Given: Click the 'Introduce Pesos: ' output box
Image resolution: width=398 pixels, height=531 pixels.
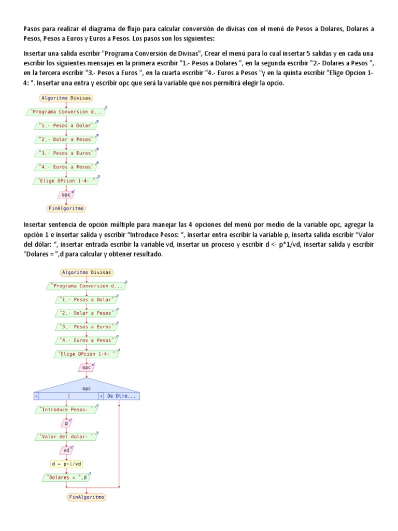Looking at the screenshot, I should pyautogui.click(x=66, y=409).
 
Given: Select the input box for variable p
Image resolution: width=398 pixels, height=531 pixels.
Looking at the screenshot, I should pyautogui.click(x=66, y=423).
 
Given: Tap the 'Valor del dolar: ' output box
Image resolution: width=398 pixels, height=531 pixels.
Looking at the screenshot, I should pyautogui.click(x=66, y=437).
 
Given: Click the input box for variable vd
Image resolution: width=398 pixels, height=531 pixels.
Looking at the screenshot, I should pyautogui.click(x=66, y=450).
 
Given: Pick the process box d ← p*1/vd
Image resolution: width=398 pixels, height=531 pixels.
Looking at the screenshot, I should pyautogui.click(x=66, y=464).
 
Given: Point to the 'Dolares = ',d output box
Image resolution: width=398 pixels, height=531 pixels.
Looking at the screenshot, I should pyautogui.click(x=66, y=477).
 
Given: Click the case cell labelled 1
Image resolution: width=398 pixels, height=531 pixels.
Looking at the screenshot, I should pyautogui.click(x=68, y=396).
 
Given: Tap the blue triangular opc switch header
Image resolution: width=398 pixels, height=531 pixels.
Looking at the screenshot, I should pyautogui.click(x=87, y=386).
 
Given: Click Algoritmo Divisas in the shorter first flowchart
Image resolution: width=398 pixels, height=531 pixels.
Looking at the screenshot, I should pyautogui.click(x=66, y=98).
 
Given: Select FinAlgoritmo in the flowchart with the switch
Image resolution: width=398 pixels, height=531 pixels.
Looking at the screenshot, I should pyautogui.click(x=87, y=497).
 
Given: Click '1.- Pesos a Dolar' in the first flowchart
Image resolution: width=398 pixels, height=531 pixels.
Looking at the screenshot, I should pyautogui.click(x=66, y=125).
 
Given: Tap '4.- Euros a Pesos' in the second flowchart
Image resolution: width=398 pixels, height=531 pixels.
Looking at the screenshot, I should pyautogui.click(x=87, y=340).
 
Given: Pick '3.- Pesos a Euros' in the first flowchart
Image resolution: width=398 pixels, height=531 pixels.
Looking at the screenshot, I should pyautogui.click(x=66, y=153).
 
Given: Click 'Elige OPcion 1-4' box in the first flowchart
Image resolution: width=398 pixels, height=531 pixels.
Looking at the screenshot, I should pyautogui.click(x=66, y=180).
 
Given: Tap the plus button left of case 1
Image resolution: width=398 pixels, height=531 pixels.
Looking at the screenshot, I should pyautogui.click(x=36, y=396).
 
